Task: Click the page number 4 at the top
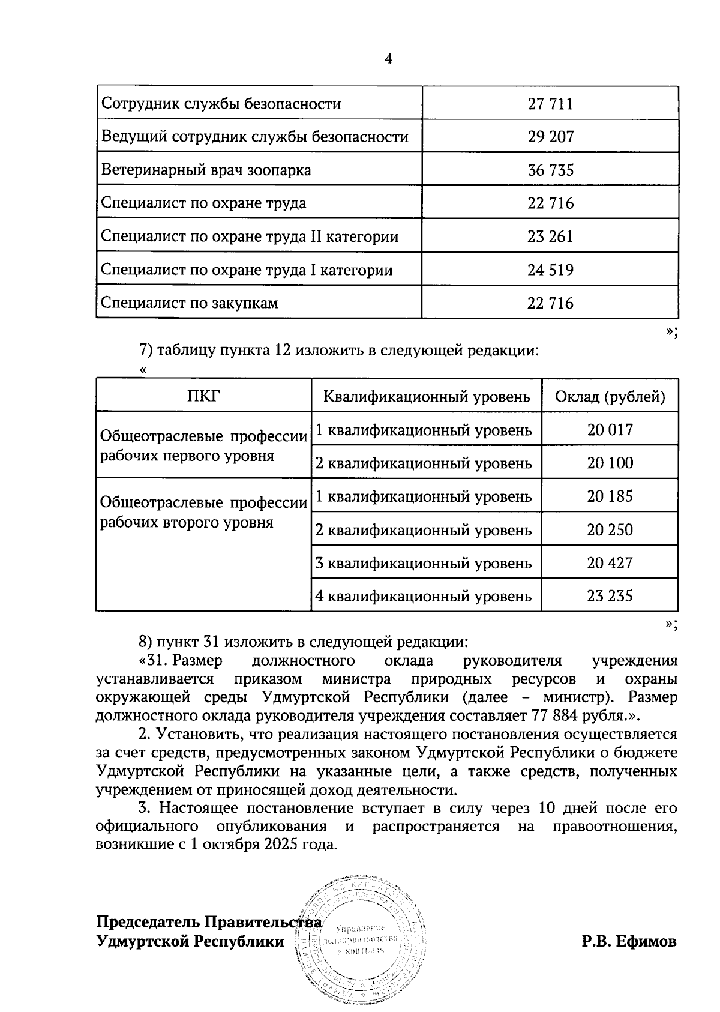coord(388,58)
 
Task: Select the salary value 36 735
coord(550,170)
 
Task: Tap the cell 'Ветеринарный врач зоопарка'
coord(206,170)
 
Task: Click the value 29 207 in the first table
coord(550,137)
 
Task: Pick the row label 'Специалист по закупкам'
coord(190,303)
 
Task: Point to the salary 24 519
coord(550,270)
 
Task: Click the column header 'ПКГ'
coord(203,396)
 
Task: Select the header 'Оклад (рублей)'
coord(610,397)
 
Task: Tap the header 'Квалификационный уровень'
coord(426,397)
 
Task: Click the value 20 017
coord(610,430)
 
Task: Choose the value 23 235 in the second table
coord(610,596)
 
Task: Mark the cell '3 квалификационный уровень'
coord(424,564)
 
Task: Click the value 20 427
coord(610,563)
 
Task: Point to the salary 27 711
coord(550,104)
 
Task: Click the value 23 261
coord(550,236)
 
